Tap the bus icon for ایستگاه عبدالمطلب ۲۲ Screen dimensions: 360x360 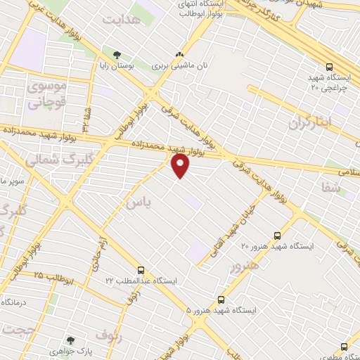click(x=141, y=269)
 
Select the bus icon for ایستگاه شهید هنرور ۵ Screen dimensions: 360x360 click(x=222, y=299)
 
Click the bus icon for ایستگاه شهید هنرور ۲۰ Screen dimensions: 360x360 click(x=277, y=236)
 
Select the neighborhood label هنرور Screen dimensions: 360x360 click(x=244, y=266)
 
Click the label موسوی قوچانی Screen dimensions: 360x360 click(x=45, y=95)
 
